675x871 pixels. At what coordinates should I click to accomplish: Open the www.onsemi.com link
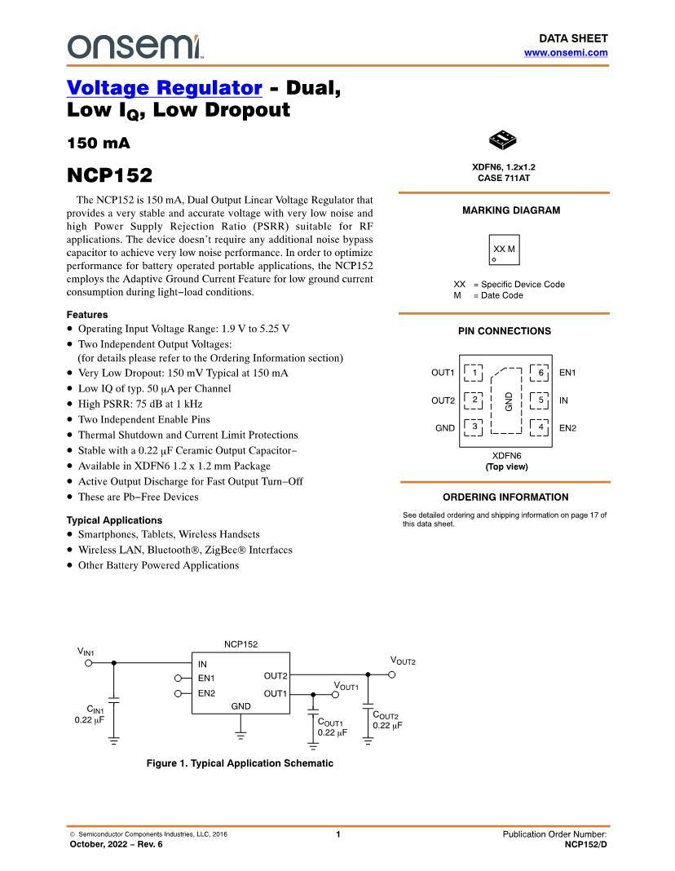[x=566, y=52]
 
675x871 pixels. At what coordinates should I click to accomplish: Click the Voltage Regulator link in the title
[x=164, y=87]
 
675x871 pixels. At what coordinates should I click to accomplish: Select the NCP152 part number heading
[x=108, y=175]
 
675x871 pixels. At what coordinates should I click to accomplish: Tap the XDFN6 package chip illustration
[x=505, y=140]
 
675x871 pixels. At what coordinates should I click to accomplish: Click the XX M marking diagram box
[x=505, y=250]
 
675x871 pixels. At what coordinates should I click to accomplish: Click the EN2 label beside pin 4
[x=567, y=427]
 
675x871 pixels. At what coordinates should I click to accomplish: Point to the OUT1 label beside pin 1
[x=443, y=373]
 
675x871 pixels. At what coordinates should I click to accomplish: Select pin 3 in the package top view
[x=474, y=427]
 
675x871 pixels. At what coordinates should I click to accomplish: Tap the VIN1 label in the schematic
[x=86, y=652]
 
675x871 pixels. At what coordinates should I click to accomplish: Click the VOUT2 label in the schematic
[x=403, y=661]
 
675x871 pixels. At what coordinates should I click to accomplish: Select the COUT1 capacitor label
[x=330, y=723]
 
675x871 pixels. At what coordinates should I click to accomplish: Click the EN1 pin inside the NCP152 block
[x=206, y=678]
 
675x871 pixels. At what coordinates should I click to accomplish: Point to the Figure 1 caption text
[x=240, y=763]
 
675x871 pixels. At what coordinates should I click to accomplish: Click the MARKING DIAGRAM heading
[x=511, y=210]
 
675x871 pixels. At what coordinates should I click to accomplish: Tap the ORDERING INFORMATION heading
[x=505, y=497]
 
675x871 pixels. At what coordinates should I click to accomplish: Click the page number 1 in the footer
[x=337, y=834]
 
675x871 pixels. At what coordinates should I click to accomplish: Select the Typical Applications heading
[x=114, y=520]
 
